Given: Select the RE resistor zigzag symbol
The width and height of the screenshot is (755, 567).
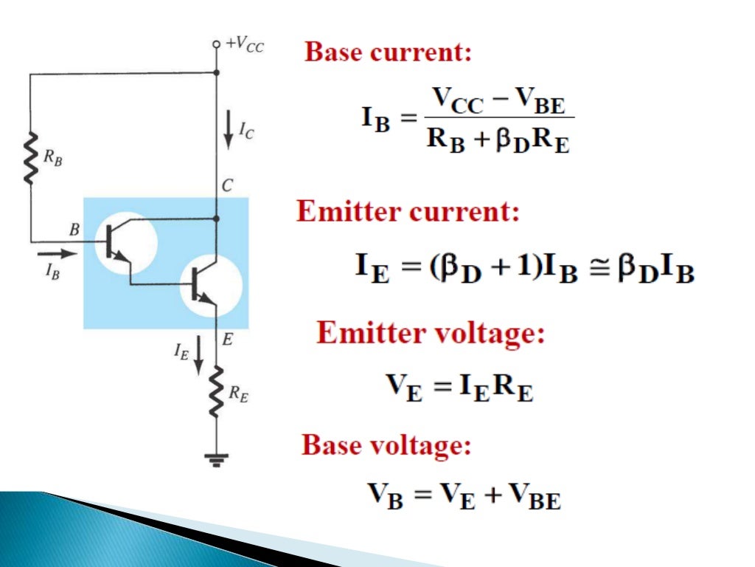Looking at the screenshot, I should pyautogui.click(x=215, y=393).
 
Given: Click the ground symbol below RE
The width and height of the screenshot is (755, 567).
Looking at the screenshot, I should pyautogui.click(x=215, y=459).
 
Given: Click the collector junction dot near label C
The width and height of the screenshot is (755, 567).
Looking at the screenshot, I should pyautogui.click(x=215, y=219).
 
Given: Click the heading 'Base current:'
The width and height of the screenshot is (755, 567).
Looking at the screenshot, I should pyautogui.click(x=389, y=52).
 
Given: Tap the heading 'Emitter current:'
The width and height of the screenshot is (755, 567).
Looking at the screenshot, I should pyautogui.click(x=408, y=213).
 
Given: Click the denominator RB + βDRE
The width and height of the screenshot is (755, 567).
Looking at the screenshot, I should pyautogui.click(x=499, y=140).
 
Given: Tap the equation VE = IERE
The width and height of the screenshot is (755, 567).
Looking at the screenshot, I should pyautogui.click(x=459, y=386).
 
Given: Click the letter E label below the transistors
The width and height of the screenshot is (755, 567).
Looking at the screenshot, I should pyautogui.click(x=228, y=340).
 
